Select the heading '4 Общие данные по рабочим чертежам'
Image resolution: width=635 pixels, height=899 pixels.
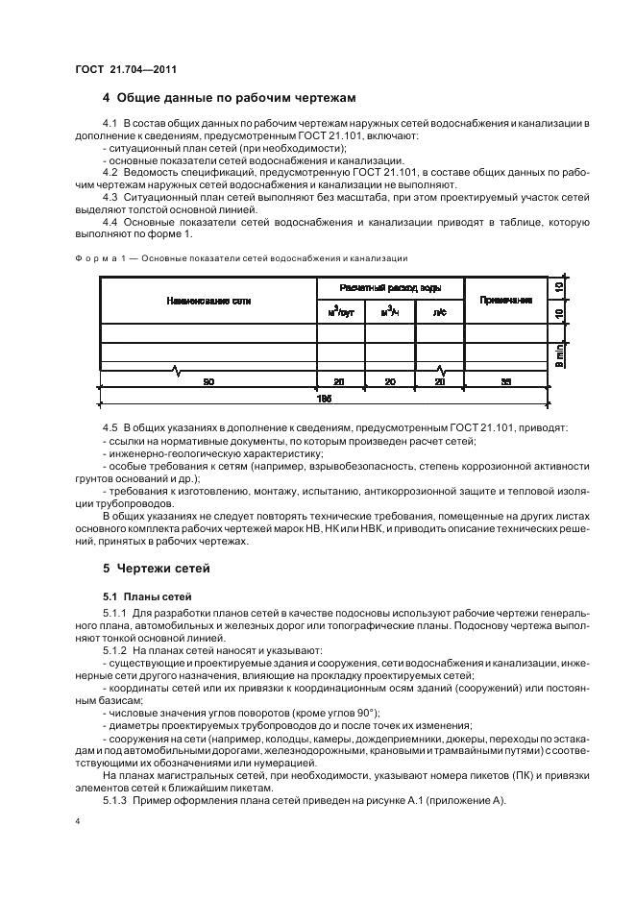coord(229,98)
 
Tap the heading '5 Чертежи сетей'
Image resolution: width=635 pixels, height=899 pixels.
coord(158,569)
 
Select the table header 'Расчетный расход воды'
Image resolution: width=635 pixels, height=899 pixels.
coord(389,288)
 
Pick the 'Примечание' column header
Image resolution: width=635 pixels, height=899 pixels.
coord(505,301)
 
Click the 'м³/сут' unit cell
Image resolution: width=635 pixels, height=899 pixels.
coord(341,312)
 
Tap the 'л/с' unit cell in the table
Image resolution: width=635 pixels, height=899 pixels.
coord(439,312)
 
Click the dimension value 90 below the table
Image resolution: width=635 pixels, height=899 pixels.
coord(208,381)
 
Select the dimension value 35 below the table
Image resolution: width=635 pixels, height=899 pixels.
coord(505,381)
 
